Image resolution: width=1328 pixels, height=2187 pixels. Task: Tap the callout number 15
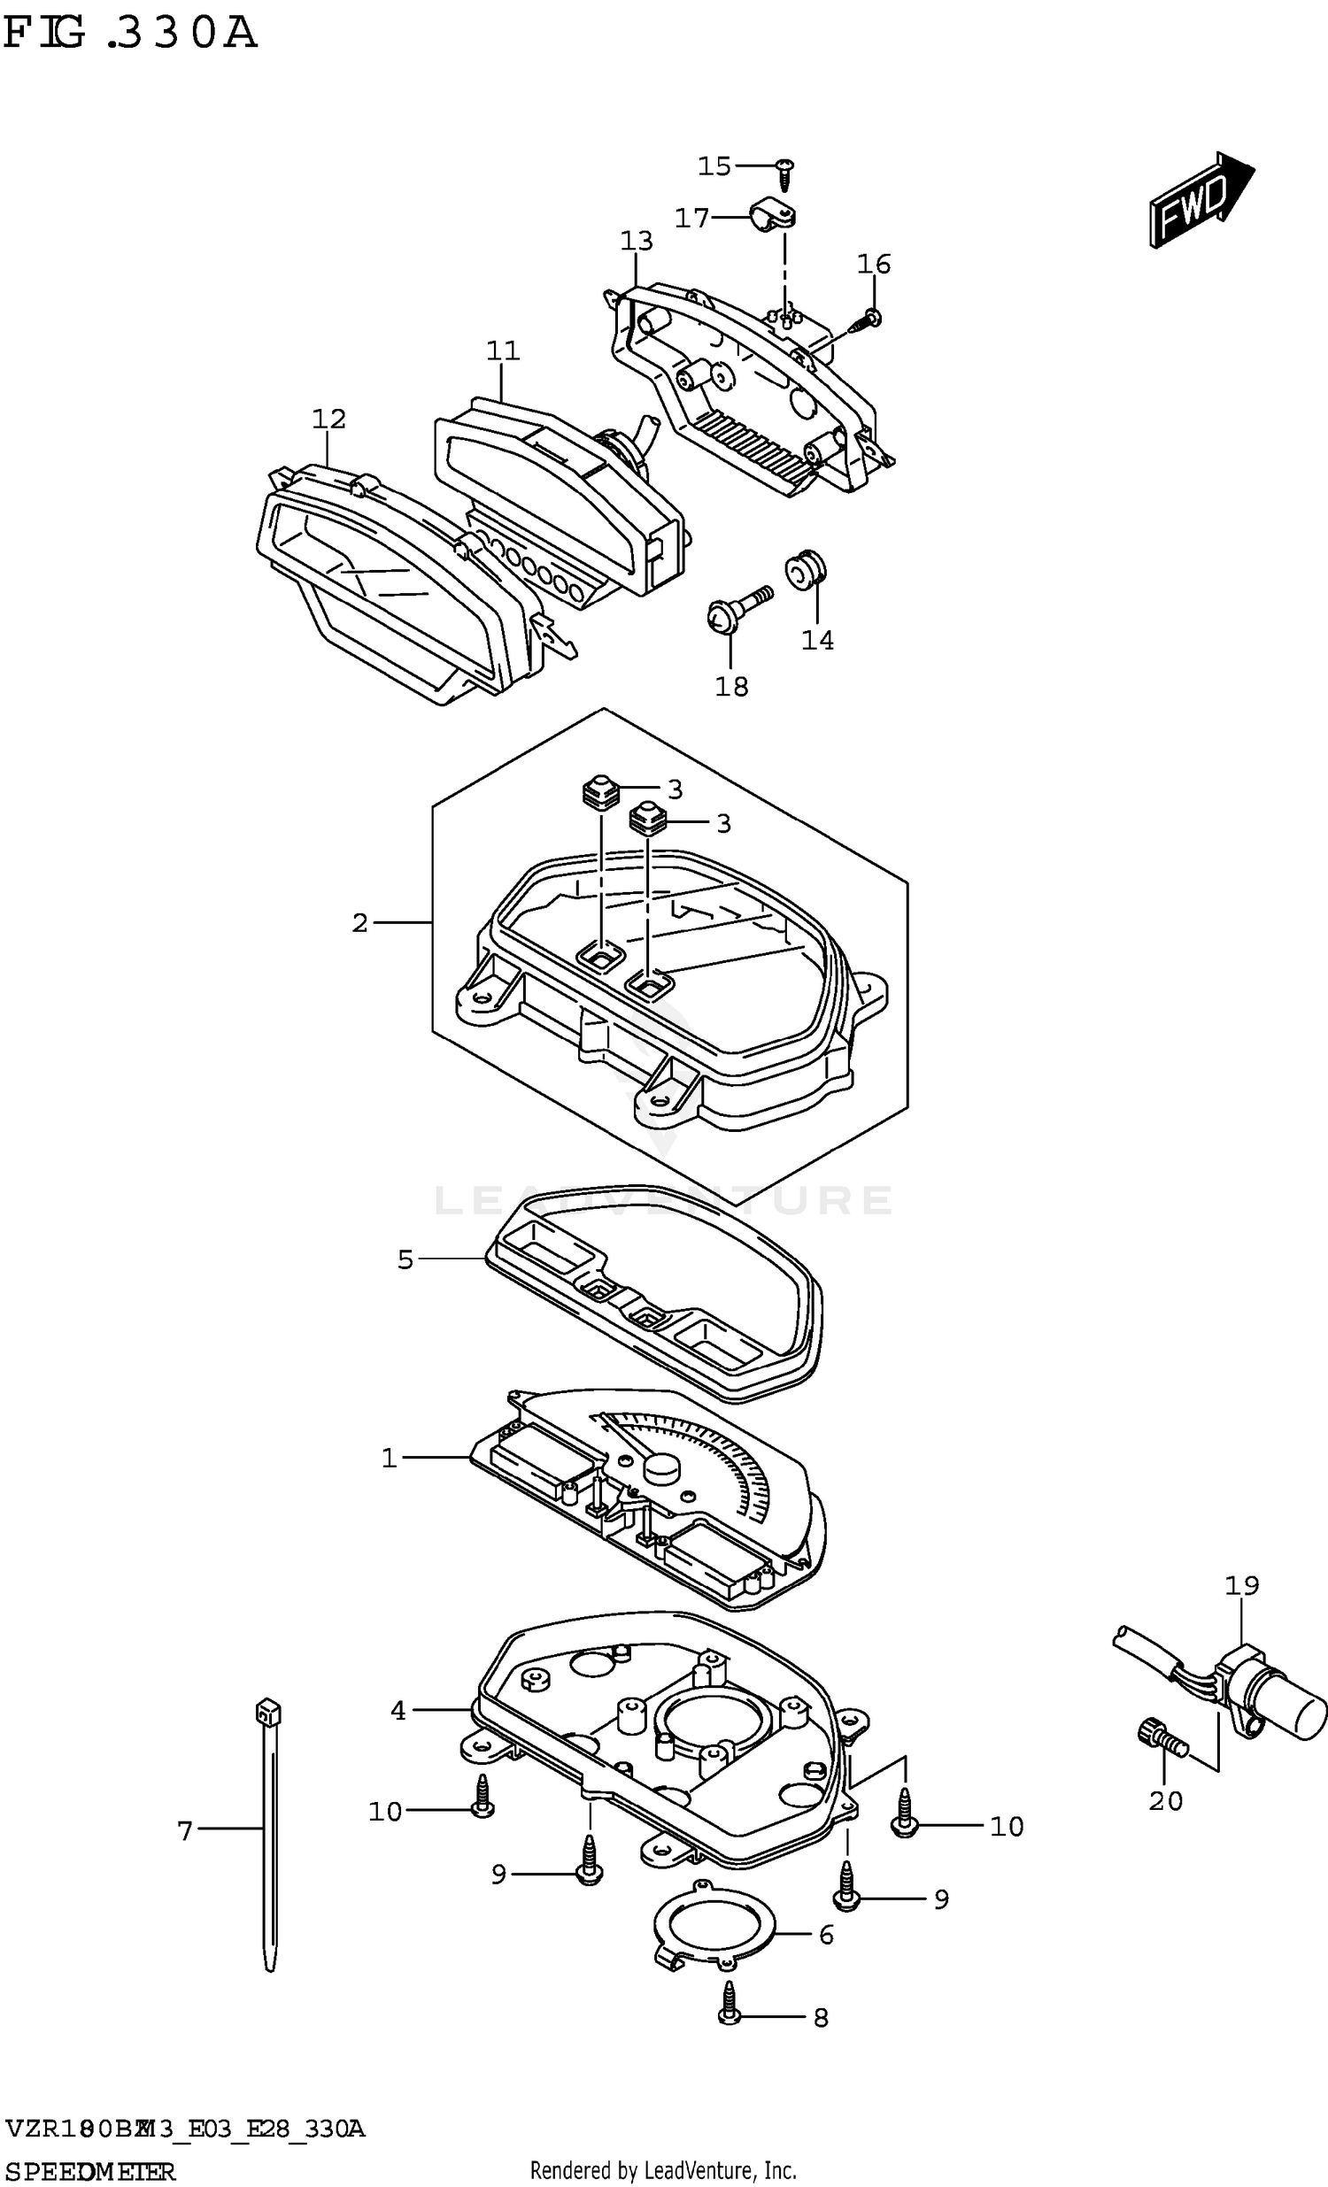click(714, 166)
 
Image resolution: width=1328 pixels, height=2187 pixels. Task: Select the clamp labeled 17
click(770, 218)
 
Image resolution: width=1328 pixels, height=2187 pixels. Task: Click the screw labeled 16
click(868, 319)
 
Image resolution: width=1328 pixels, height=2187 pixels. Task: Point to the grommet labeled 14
click(806, 569)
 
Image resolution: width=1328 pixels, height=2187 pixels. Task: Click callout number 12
click(328, 418)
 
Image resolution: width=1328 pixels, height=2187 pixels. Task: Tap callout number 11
click(503, 350)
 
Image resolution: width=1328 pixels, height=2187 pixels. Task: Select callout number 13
click(637, 241)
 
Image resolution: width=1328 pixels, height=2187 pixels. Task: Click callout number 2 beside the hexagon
click(359, 923)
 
